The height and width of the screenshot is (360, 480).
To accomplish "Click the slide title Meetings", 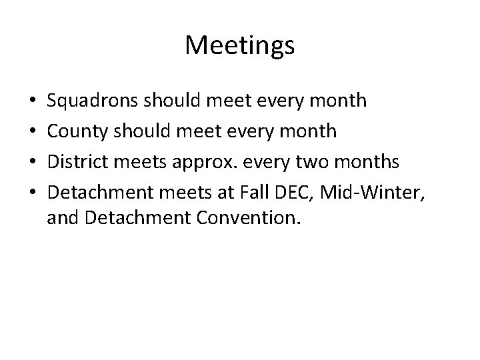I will pyautogui.click(x=240, y=45).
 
